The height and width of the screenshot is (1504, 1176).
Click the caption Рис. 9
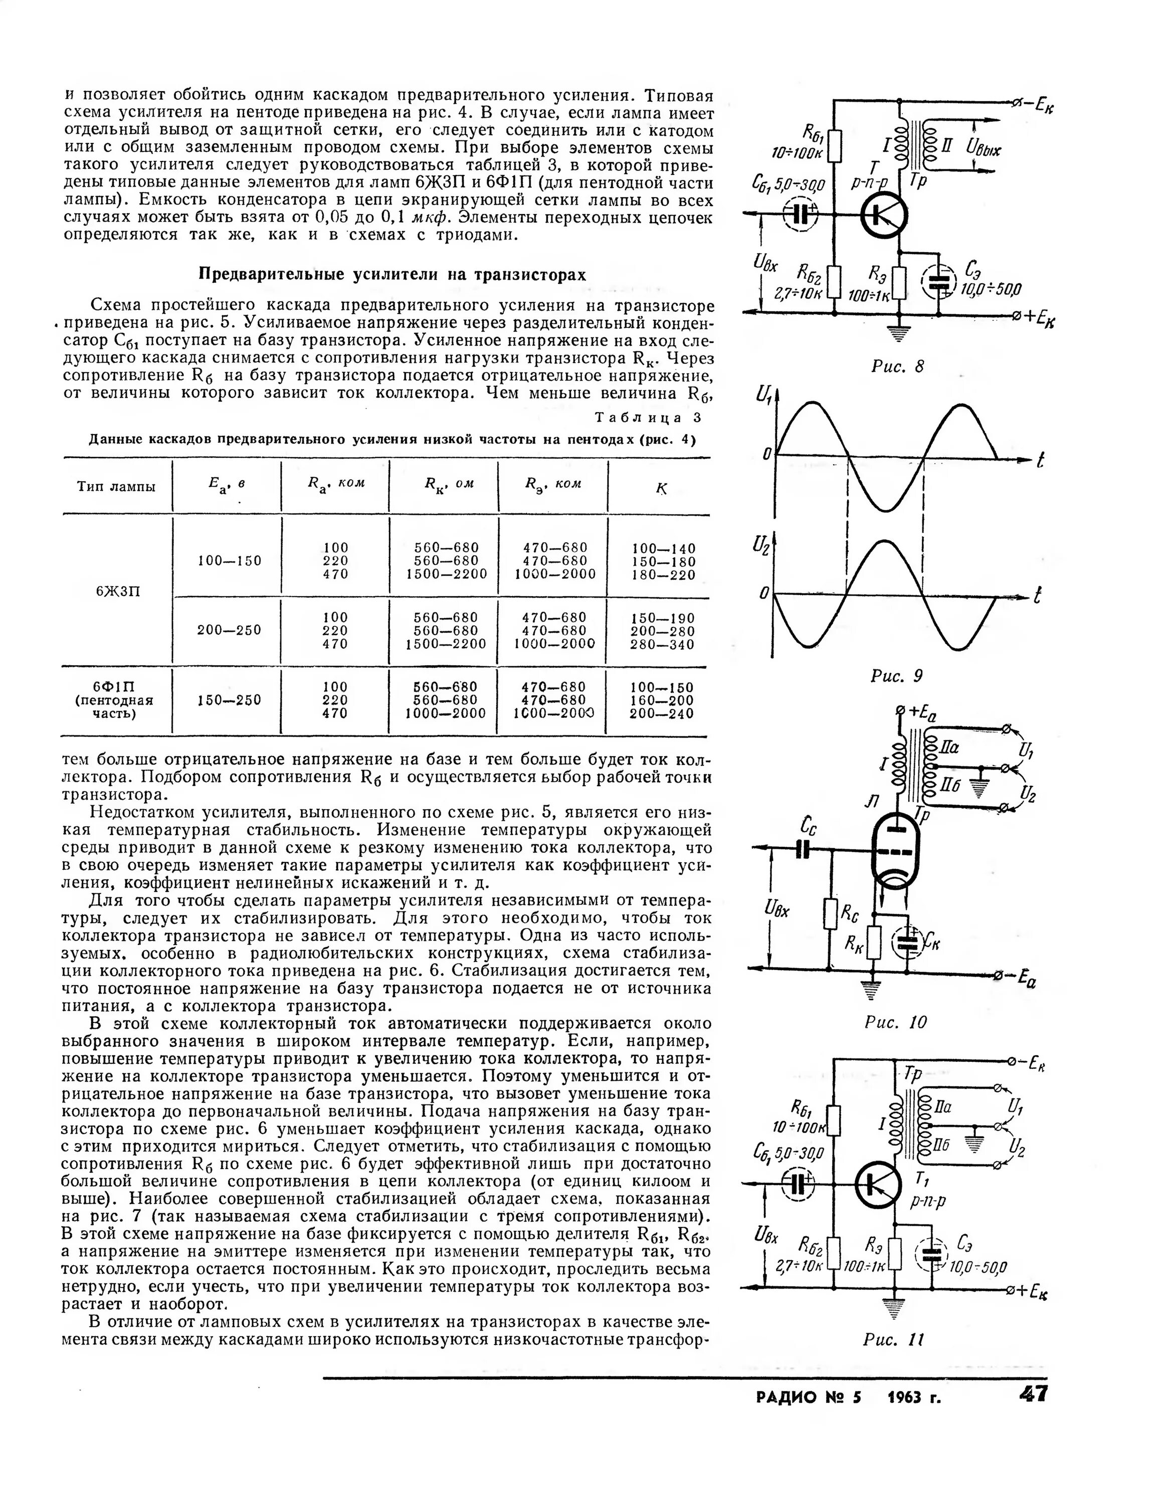pyautogui.click(x=896, y=676)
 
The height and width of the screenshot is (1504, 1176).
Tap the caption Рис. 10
pyautogui.click(x=896, y=1022)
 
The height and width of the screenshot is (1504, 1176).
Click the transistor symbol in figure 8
pyautogui.click(x=883, y=216)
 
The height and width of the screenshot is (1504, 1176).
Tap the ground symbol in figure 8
pyautogui.click(x=898, y=332)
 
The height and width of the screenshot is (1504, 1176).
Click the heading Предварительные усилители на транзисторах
pyautogui.click(x=393, y=274)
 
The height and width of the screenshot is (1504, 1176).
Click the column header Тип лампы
pyautogui.click(x=116, y=486)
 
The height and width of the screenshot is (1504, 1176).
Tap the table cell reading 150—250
pyautogui.click(x=229, y=700)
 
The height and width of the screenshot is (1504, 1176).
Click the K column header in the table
pyautogui.click(x=662, y=489)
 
